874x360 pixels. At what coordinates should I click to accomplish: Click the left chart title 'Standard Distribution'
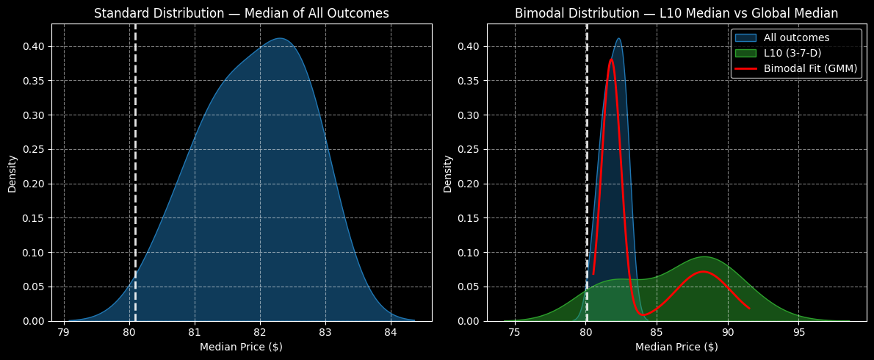tap(241, 13)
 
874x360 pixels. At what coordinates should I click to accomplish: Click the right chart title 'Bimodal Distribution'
tap(676, 13)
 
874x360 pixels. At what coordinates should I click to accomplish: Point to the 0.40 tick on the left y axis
tap(34, 46)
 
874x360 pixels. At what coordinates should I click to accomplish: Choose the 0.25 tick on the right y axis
tap(469, 150)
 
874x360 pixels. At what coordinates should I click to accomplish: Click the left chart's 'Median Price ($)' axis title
tap(241, 347)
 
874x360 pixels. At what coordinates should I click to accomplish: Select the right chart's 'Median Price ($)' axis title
tap(676, 347)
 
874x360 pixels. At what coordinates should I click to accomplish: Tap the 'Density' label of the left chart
tap(12, 173)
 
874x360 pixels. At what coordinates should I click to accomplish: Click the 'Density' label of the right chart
tap(448, 173)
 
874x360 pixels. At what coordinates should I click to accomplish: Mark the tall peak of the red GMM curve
tap(611, 60)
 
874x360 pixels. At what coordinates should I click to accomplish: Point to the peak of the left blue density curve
tap(280, 38)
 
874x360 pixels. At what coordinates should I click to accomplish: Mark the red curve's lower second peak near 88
tap(704, 272)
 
